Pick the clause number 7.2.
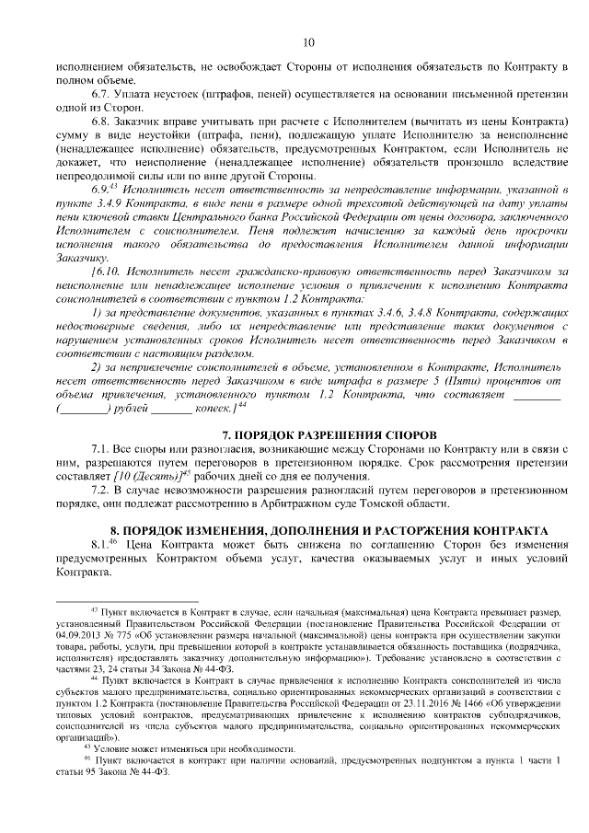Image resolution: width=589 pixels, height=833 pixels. [100, 489]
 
